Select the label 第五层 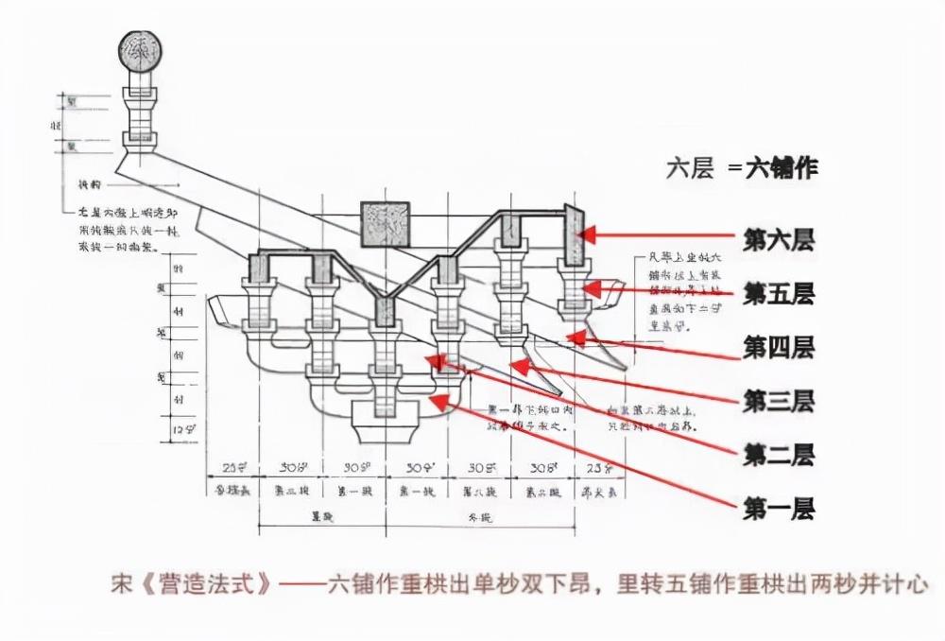coord(779,294)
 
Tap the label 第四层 coord(779,347)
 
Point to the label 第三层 coord(779,401)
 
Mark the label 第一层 coord(779,510)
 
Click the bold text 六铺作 coord(782,168)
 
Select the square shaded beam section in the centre coord(386,226)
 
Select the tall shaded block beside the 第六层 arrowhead coord(573,234)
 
